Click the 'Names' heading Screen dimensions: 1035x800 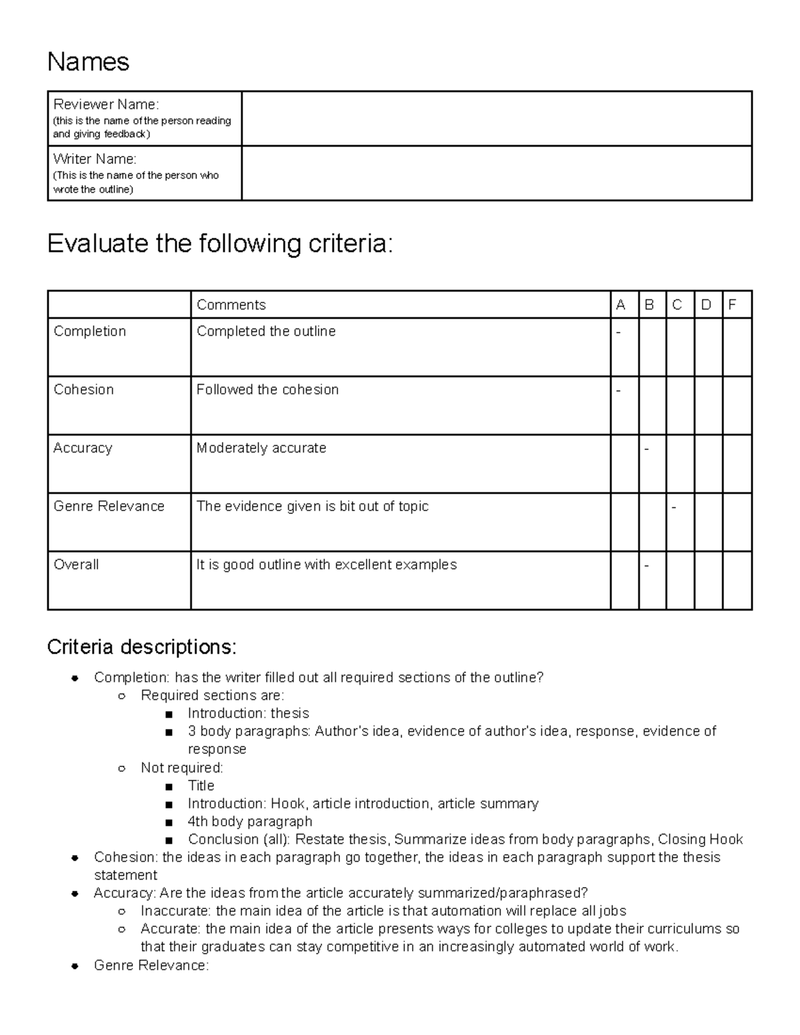pos(88,62)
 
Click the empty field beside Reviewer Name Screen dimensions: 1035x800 pos(497,119)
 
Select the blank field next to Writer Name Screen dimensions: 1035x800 pos(497,173)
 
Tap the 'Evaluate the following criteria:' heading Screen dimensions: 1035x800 pos(221,244)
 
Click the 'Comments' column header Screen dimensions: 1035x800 pos(231,305)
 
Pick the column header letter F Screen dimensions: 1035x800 pos(732,305)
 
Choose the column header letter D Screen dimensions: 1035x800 pos(707,305)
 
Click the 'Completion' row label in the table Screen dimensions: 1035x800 pos(89,331)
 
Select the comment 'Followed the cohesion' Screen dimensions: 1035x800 pos(267,389)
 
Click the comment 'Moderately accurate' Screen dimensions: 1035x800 pos(261,448)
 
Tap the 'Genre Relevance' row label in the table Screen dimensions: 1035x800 pos(109,506)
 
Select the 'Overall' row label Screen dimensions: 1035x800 pos(76,564)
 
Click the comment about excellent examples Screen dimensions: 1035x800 pos(327,564)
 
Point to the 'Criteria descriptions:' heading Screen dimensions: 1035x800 pos(141,646)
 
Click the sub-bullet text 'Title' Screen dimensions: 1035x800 pos(201,785)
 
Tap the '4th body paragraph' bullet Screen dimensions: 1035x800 pos(250,821)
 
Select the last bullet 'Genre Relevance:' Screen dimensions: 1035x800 pos(151,965)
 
